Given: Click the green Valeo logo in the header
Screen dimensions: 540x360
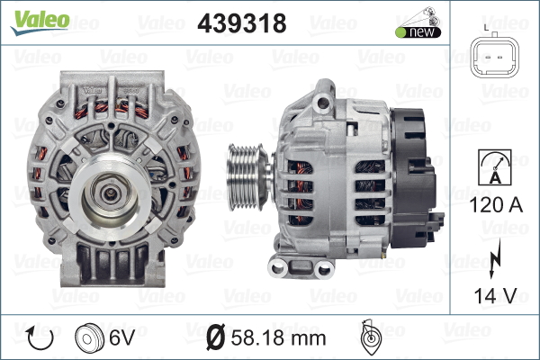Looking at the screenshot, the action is coord(40,22).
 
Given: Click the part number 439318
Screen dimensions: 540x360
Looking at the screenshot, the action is coord(242,23).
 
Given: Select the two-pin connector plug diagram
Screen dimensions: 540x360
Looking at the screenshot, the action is coord(494,56).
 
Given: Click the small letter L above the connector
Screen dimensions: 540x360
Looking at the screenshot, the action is coord(486,28).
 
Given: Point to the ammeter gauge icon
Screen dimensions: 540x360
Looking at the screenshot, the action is coord(495,167).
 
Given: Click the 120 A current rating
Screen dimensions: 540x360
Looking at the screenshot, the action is coord(496,205).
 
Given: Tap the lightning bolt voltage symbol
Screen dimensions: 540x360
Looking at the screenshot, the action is coord(495,258).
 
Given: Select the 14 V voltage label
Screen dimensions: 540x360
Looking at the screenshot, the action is coord(496,295).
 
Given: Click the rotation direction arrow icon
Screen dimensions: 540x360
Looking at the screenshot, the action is coord(40,337).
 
